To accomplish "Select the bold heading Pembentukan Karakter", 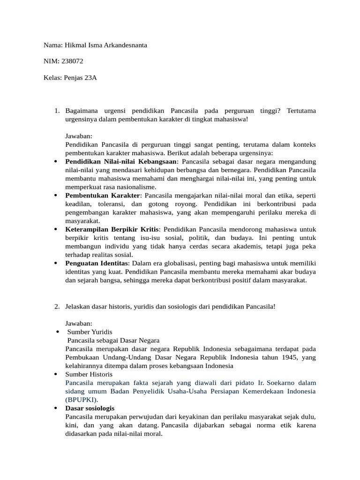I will [x=103, y=195].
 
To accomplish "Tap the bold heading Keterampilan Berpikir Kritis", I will [x=112, y=229].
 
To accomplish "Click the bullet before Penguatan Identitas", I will [x=56, y=263].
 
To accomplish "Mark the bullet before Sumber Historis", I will [x=56, y=375].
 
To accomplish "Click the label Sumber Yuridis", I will [x=90, y=332].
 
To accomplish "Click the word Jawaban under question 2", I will [x=79, y=323].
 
